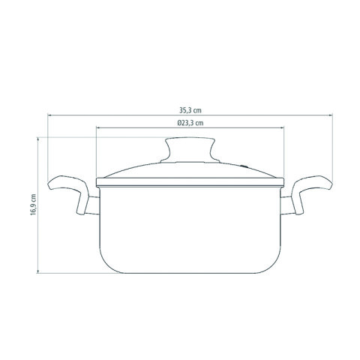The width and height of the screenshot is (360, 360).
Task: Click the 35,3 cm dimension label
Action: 190,110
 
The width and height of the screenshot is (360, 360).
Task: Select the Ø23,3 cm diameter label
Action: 190,123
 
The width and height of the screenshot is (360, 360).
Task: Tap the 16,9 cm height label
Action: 33,205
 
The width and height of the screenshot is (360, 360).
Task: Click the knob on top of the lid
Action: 190,150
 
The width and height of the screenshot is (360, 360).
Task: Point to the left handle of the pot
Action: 69,193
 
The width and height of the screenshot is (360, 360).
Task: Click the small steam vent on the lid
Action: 244,166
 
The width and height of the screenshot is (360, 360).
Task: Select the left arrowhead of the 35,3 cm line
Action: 49,115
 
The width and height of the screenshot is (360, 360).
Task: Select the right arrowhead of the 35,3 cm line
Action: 331,115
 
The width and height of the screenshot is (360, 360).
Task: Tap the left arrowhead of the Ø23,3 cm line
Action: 98,127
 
